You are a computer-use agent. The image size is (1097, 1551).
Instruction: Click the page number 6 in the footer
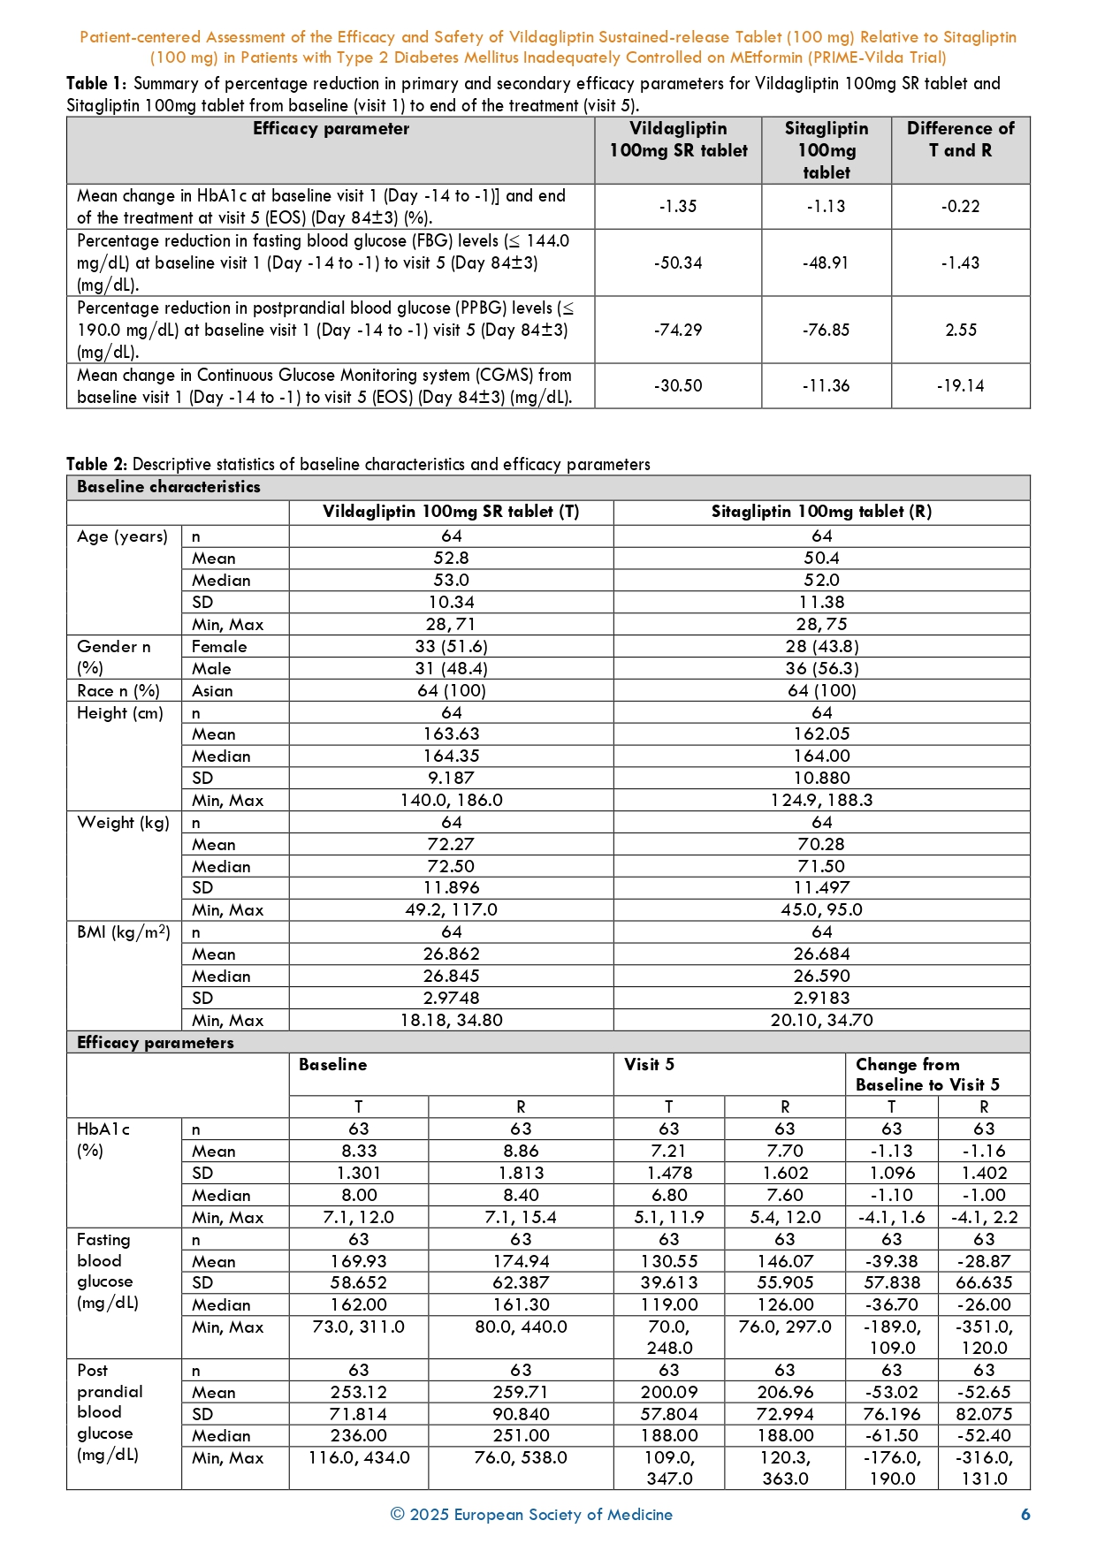(x=1025, y=1514)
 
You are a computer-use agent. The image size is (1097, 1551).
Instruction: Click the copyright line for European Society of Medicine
(x=531, y=1514)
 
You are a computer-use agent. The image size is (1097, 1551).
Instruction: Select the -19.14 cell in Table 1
(x=961, y=385)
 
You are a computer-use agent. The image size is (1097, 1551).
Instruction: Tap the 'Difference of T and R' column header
(x=961, y=140)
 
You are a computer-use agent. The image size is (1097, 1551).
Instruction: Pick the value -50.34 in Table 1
(x=678, y=262)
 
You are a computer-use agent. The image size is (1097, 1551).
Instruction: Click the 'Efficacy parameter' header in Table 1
(x=331, y=129)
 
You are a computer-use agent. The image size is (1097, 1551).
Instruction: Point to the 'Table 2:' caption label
(x=97, y=464)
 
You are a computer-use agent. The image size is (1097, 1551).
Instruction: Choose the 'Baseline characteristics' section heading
(x=169, y=487)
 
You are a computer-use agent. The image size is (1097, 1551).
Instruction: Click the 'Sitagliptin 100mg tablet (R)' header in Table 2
(x=821, y=512)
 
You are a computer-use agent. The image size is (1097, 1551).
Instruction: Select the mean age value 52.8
(x=451, y=558)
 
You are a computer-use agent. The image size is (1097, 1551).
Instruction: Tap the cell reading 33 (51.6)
(x=451, y=646)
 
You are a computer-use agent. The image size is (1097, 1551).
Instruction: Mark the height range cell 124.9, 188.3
(x=821, y=800)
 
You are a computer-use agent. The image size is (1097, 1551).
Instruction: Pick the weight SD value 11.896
(x=451, y=887)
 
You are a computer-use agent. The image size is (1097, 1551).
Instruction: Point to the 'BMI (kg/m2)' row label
(x=124, y=932)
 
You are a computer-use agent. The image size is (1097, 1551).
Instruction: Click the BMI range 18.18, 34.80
(x=451, y=1020)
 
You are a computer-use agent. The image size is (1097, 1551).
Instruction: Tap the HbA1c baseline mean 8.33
(x=359, y=1151)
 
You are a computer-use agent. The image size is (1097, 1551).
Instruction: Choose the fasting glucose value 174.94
(x=521, y=1261)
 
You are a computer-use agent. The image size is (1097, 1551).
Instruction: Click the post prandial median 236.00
(x=359, y=1435)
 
